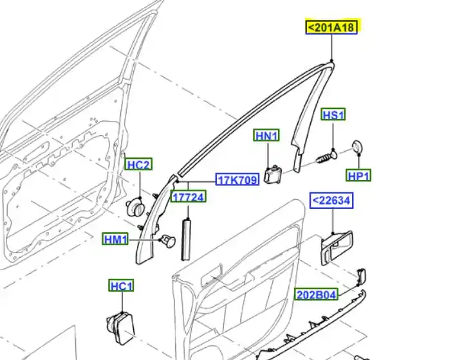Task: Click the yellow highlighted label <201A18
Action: click(x=331, y=27)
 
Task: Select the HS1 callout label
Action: click(x=333, y=114)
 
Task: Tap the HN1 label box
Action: click(x=266, y=136)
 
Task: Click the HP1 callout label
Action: click(x=358, y=175)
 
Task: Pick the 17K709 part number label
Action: click(x=237, y=179)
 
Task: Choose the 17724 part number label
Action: click(x=188, y=197)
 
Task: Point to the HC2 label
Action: click(x=139, y=164)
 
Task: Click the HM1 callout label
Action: click(x=115, y=239)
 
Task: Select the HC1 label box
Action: click(x=122, y=285)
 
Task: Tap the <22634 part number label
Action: click(x=331, y=201)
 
